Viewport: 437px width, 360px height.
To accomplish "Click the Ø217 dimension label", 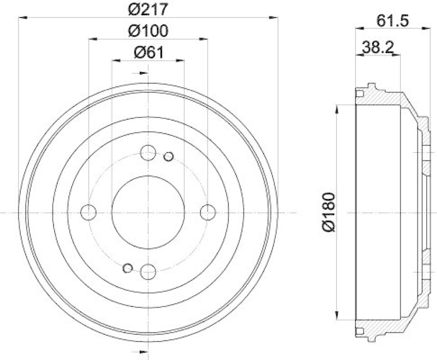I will pos(148,9).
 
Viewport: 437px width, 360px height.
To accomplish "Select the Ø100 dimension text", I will pos(148,31).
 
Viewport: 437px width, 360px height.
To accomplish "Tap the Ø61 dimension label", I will pos(148,52).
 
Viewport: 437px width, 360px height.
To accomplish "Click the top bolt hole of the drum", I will pos(148,153).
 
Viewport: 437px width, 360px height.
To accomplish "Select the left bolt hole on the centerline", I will pos(88,211).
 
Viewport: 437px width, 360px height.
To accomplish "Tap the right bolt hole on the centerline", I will pos(207,211).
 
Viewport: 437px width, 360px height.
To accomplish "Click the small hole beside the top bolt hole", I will pos(168,157).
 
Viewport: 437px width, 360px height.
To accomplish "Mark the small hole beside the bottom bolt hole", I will pos(128,268).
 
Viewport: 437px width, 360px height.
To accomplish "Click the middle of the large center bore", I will pos(148,211).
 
